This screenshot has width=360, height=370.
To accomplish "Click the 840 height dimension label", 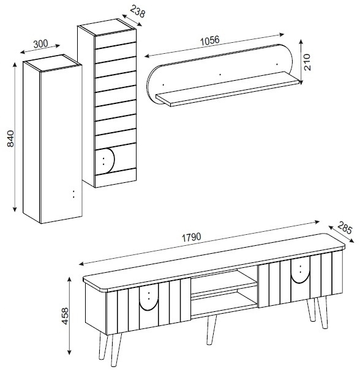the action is click(x=10, y=138).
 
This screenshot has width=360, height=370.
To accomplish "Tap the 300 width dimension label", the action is click(x=40, y=44).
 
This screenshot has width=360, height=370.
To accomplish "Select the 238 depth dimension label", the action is click(x=137, y=11).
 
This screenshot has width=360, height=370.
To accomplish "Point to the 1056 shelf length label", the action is click(x=210, y=40).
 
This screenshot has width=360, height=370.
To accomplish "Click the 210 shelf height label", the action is click(x=307, y=62).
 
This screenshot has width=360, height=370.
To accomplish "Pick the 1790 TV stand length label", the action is click(x=191, y=237).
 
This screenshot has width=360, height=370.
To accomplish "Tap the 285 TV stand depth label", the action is click(x=345, y=228).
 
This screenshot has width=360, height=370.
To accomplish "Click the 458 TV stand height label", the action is click(x=64, y=316).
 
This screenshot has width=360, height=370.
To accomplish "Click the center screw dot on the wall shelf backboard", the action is click(x=220, y=75).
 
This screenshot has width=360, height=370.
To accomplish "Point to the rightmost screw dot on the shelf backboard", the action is click(x=277, y=64).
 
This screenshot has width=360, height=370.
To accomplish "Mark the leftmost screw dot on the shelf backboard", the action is click(x=163, y=84).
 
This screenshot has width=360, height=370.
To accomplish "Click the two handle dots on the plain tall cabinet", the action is click(x=73, y=194).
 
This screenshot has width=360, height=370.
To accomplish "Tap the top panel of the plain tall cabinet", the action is click(x=53, y=62).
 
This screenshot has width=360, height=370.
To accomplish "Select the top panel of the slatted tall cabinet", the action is click(x=107, y=27).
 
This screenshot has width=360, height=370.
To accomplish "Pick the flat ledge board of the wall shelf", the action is click(x=228, y=89).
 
